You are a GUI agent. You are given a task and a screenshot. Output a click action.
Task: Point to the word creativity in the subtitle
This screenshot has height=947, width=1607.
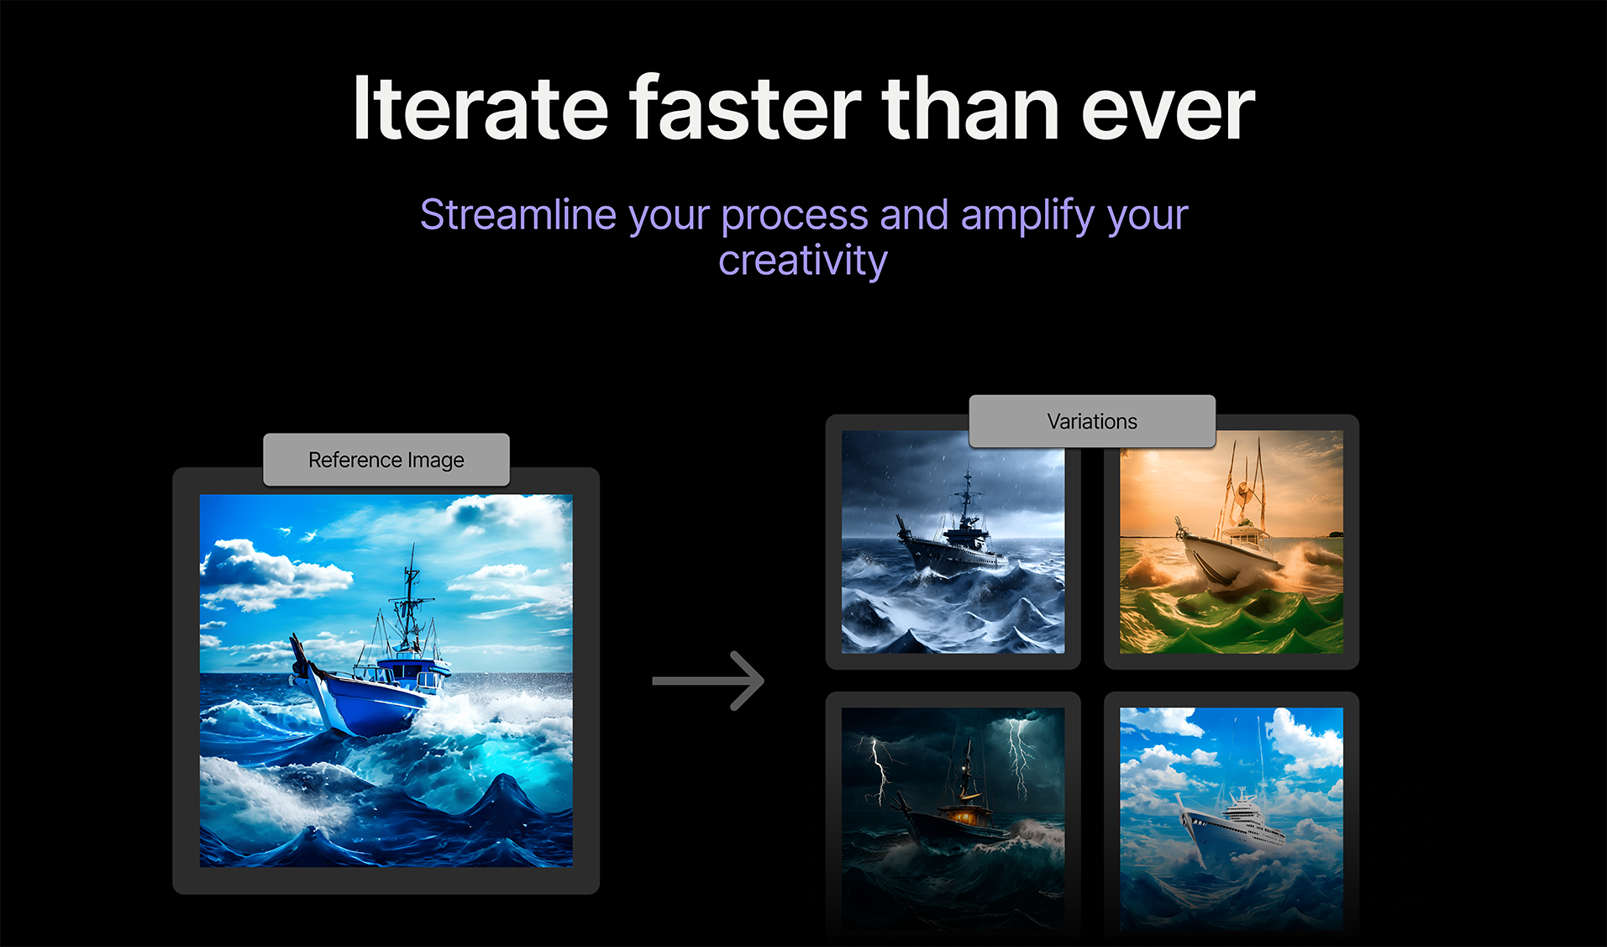point(803,260)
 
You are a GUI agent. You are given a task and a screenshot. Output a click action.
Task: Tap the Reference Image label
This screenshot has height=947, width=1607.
point(386,460)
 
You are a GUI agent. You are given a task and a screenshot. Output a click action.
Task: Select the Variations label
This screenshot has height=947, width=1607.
point(1092,421)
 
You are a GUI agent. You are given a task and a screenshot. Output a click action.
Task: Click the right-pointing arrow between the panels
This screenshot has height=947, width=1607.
point(708,681)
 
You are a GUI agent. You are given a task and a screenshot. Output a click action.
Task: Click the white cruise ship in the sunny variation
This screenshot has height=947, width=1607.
point(1230,827)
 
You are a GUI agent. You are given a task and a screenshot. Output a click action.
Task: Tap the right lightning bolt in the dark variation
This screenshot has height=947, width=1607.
point(1020,755)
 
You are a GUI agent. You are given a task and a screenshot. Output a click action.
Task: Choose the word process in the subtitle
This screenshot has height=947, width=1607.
point(795,216)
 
